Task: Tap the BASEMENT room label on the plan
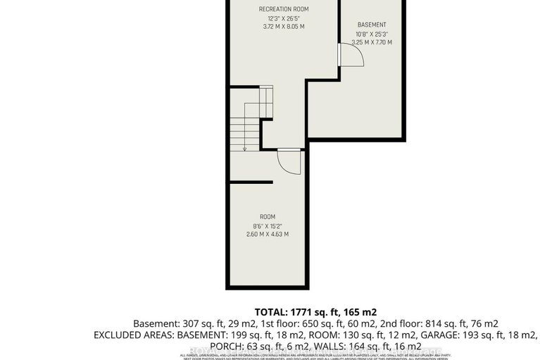pyautogui.click(x=372, y=25)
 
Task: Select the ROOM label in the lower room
pyautogui.click(x=268, y=216)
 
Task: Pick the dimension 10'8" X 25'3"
pyautogui.click(x=372, y=34)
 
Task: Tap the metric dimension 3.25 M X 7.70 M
pyautogui.click(x=372, y=42)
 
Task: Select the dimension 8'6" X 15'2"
pyautogui.click(x=268, y=225)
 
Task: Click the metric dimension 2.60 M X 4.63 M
pyautogui.click(x=268, y=234)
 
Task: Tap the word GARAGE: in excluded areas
pyautogui.click(x=388, y=335)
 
